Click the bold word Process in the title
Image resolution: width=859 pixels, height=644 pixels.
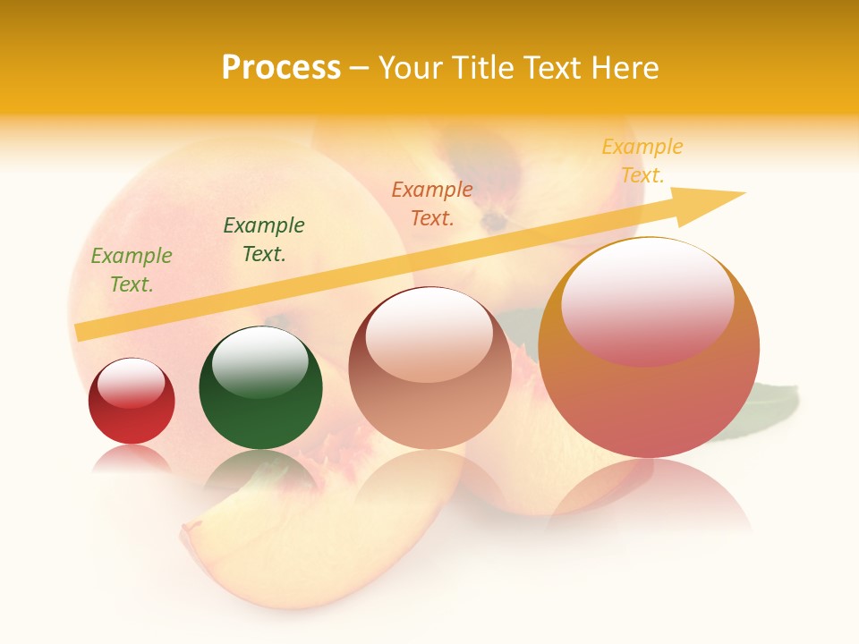(281, 68)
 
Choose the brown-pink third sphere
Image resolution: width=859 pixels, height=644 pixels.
(429, 394)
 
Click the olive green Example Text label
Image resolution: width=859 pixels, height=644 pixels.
(132, 270)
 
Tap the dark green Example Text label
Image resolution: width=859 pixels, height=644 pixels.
(264, 240)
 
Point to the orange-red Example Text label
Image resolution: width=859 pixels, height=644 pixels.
(432, 203)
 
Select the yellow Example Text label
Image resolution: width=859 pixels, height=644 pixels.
(642, 161)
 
